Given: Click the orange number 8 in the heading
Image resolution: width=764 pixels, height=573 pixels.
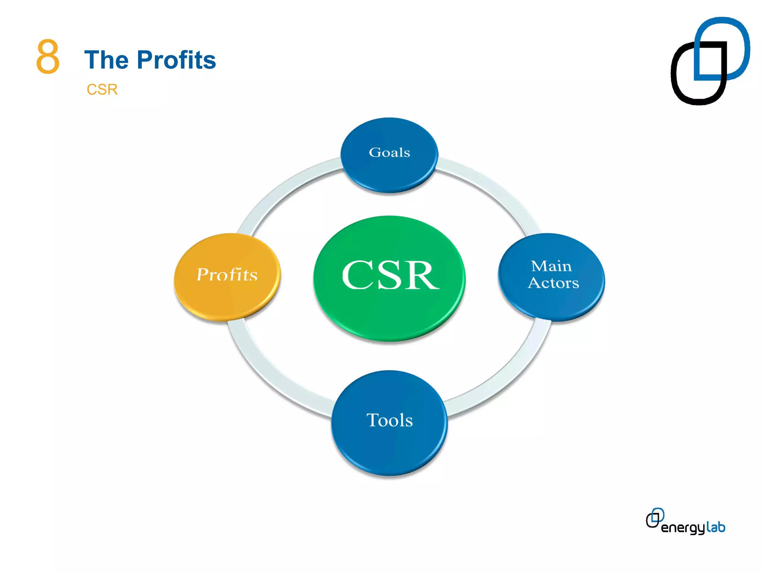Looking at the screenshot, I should [48, 57].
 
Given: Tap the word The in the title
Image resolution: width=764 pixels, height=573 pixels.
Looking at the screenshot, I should [106, 60].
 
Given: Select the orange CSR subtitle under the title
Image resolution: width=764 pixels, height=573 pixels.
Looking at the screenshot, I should [102, 90].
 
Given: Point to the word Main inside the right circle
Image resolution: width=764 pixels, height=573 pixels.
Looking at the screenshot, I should [551, 266].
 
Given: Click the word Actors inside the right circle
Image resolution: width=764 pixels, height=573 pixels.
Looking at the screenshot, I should [553, 283].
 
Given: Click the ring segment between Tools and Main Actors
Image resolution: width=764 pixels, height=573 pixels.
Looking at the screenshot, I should [507, 377].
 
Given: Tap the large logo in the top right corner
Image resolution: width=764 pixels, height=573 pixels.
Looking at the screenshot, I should [710, 61].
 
